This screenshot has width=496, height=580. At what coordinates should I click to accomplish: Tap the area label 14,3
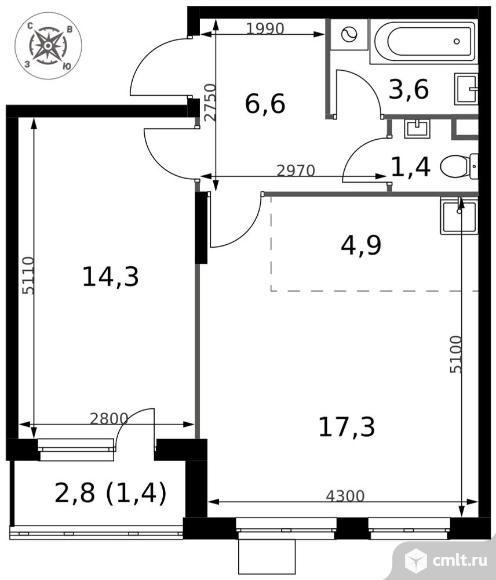point(109,276)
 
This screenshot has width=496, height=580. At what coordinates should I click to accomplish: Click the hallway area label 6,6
point(265,102)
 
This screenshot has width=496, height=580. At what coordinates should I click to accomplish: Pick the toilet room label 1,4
point(411,166)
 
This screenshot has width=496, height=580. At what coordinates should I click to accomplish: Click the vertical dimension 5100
point(456,352)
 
